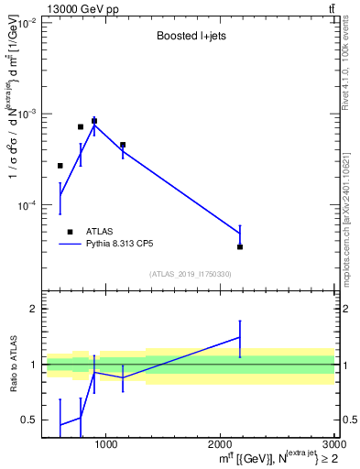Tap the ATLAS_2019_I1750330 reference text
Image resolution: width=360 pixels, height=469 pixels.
[x=191, y=274]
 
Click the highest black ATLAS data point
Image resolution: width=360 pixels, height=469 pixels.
[x=94, y=121]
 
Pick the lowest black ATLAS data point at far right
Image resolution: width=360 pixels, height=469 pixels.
[x=240, y=246]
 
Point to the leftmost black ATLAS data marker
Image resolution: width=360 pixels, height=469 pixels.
[x=60, y=166]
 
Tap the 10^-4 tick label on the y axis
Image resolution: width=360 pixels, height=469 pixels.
[x=26, y=205]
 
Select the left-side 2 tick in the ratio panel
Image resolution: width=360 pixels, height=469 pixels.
[x=34, y=309]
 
